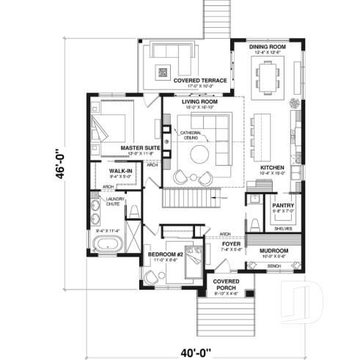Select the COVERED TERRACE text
[x=199, y=81]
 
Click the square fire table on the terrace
[x=164, y=72]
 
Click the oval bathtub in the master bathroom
[x=111, y=243]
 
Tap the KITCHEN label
[x=272, y=168]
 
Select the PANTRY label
[x=283, y=205]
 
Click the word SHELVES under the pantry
[x=283, y=228]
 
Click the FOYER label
[x=232, y=244]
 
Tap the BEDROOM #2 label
[x=164, y=254]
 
